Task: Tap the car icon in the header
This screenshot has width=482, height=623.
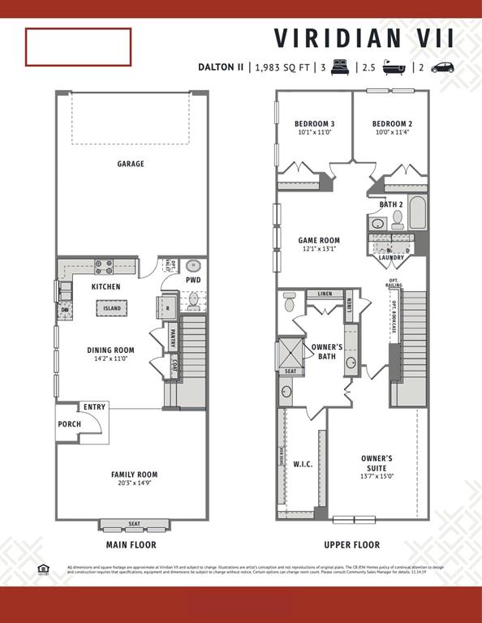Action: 443,67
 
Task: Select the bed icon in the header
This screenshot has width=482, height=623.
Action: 339,67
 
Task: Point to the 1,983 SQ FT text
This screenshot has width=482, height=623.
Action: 283,67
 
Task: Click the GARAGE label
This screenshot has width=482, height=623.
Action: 131,164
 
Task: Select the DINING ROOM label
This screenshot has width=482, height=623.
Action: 111,350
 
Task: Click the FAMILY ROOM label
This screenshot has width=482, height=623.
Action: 134,475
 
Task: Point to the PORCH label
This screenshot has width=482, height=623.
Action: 69,424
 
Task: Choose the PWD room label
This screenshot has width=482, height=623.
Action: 193,281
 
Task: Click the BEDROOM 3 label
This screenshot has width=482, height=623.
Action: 315,124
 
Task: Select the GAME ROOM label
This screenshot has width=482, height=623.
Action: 319,240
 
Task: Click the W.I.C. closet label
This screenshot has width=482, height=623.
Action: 303,465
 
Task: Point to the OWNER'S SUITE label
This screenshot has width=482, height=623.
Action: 377,458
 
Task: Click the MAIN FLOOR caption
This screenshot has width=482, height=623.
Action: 131,545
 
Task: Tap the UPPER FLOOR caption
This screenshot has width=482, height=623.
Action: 351,545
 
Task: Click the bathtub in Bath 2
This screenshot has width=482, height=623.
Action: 418,213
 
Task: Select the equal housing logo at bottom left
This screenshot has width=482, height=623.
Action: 43,569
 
